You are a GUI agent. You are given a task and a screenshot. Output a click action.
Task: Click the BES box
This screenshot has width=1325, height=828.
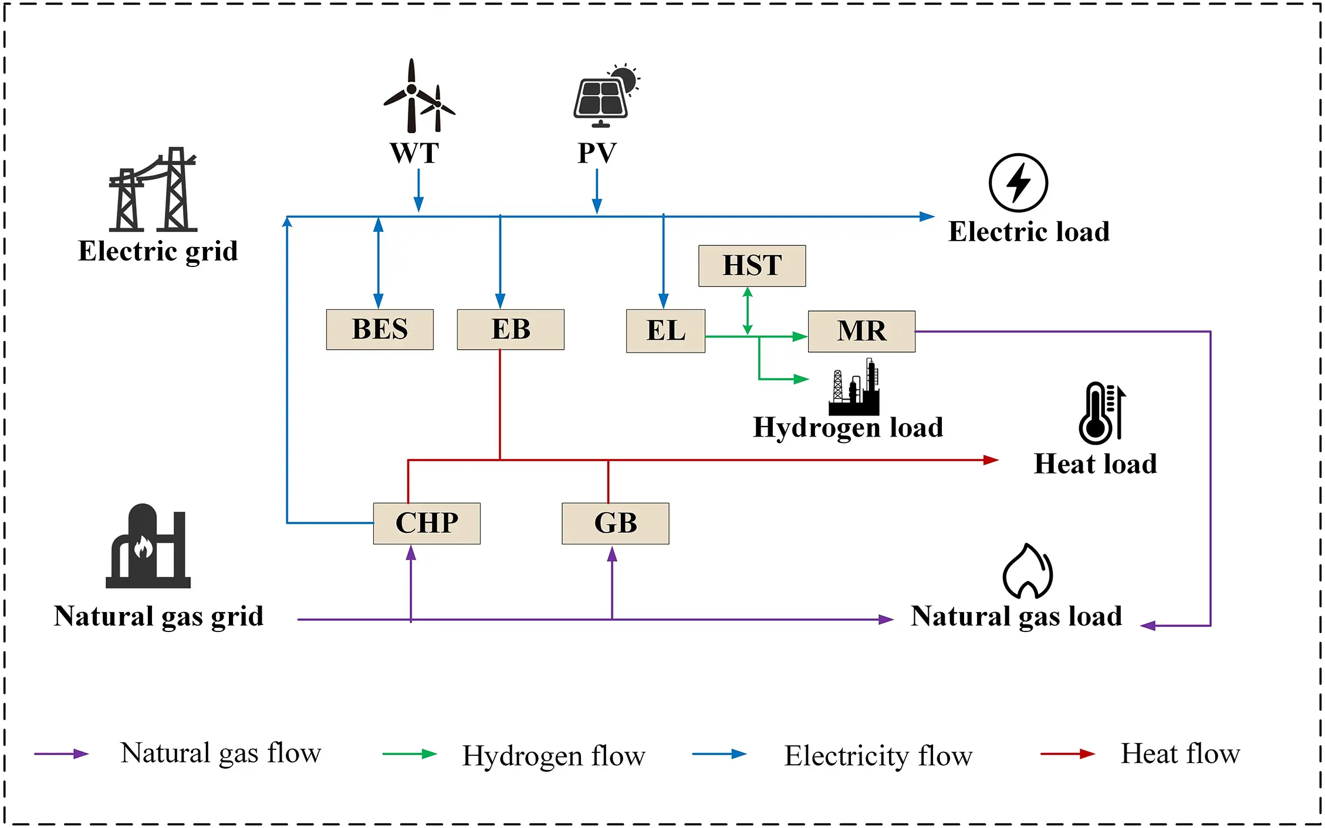point(380,329)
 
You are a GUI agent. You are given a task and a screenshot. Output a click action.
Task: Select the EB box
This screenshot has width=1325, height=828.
point(511,329)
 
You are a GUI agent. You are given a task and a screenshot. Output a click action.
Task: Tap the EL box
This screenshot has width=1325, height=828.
point(665,330)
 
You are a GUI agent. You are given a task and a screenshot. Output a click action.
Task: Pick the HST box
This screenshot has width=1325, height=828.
point(752,265)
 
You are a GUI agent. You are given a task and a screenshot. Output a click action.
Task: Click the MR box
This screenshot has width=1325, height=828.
point(861,331)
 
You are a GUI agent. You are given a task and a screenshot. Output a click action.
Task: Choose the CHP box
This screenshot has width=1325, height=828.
point(427,523)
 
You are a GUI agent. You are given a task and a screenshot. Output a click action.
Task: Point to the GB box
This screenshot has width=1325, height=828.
point(615,523)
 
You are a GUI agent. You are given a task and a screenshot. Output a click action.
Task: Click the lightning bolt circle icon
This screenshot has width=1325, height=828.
point(1018,183)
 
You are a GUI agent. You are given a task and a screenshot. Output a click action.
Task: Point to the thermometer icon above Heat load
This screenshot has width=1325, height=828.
point(1101,413)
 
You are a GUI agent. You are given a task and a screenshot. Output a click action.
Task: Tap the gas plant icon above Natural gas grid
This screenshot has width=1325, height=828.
point(148,546)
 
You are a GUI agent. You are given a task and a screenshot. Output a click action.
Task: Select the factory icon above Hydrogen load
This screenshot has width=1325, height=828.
point(854,388)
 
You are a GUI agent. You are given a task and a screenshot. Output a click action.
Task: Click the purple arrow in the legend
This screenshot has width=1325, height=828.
point(61,754)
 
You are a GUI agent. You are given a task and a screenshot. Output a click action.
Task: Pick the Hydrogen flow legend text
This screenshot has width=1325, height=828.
point(553,756)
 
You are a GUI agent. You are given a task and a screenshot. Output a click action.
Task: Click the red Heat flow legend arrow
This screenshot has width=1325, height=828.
point(1067,754)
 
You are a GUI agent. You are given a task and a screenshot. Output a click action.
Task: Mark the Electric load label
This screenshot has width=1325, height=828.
point(1029,232)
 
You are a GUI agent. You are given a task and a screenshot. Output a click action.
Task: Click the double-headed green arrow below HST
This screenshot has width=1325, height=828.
point(748,311)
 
